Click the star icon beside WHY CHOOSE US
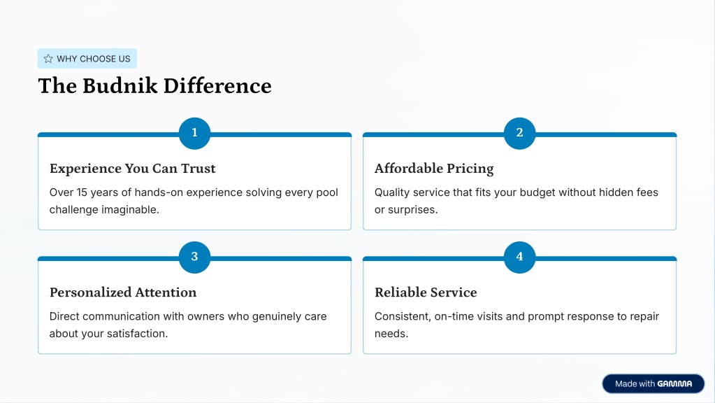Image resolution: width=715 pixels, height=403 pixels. pos(48,58)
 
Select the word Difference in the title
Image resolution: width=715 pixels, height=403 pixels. pos(217,86)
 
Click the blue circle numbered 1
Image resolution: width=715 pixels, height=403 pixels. pos(195,133)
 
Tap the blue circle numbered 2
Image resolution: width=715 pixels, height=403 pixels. pos(519,133)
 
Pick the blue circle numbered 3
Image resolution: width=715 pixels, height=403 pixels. pos(195,257)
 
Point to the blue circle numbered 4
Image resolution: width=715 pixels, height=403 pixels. pos(519,257)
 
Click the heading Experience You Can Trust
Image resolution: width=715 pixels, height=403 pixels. pos(132,169)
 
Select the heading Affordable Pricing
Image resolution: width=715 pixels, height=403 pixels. pos(434,169)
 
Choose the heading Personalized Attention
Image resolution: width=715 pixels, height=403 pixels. pos(123,292)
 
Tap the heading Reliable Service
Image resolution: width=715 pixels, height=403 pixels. pos(426,292)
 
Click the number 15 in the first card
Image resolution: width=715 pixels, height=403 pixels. pos(82,192)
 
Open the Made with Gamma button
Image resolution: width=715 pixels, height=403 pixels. pos(653,384)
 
